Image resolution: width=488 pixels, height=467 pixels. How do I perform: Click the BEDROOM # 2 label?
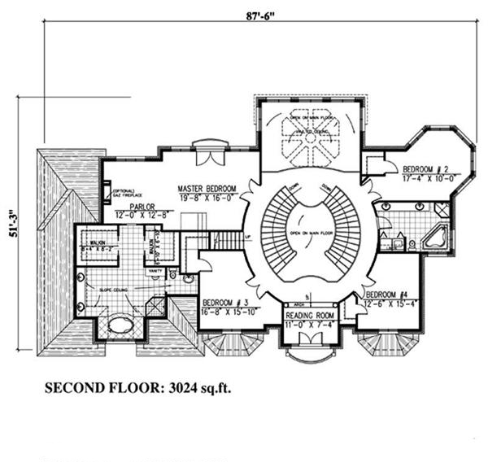[x=427, y=169]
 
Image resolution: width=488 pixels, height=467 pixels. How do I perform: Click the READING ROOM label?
[x=310, y=316]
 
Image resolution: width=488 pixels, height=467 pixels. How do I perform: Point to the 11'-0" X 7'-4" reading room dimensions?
[x=310, y=325]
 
